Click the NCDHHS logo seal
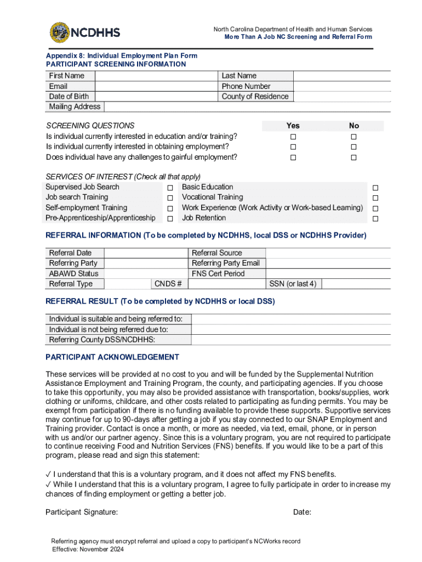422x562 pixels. click(x=59, y=32)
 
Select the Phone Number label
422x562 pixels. click(x=246, y=86)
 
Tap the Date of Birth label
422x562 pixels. click(x=69, y=97)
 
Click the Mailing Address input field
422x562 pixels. click(x=247, y=107)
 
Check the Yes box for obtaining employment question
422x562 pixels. click(x=293, y=147)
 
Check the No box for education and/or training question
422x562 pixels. click(x=354, y=137)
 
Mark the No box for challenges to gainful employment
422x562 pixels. click(x=354, y=158)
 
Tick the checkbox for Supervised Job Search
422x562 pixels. click(x=170, y=188)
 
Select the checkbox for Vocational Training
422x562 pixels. click(x=375, y=198)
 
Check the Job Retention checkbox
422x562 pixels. click(x=375, y=219)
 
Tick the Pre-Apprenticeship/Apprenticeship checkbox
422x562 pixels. click(x=170, y=219)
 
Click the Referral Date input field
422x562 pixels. click(x=145, y=253)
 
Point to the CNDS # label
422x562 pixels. click(x=168, y=284)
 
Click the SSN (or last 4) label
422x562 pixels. click(x=293, y=284)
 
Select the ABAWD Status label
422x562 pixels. click(x=73, y=273)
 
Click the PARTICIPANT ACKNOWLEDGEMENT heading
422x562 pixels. click(x=112, y=357)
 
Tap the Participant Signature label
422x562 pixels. click(x=81, y=512)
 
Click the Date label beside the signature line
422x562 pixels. click(x=302, y=512)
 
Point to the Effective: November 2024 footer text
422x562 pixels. click(x=88, y=549)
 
